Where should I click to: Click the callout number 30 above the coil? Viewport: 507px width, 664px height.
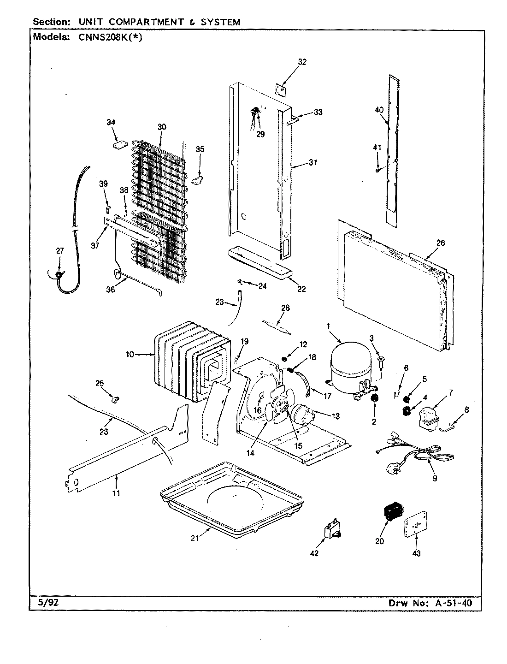point(161,127)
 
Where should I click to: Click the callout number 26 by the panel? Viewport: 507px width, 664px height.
point(441,243)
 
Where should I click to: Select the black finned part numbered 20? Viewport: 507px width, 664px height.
point(391,511)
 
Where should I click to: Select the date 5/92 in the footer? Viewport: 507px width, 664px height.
point(45,603)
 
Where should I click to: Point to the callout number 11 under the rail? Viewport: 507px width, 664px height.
point(116,493)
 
